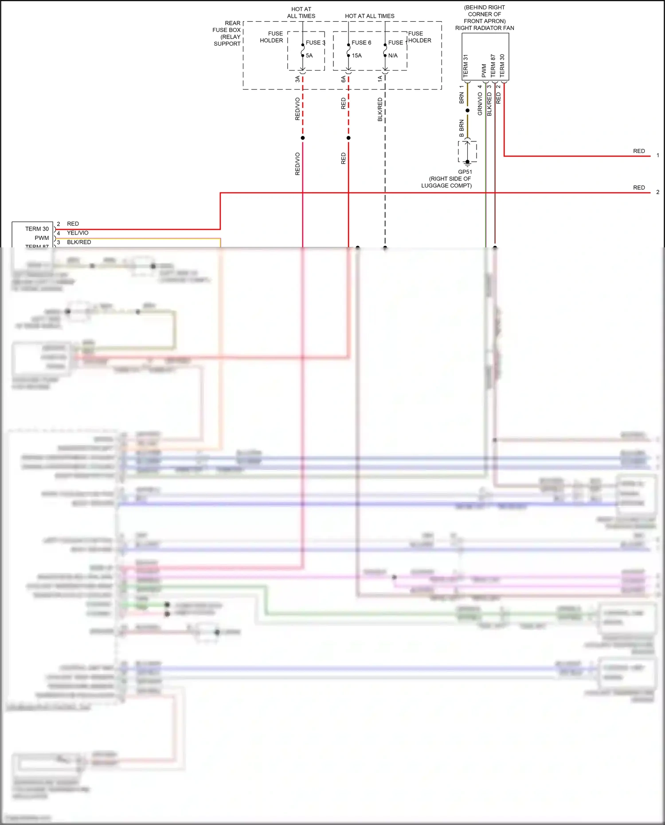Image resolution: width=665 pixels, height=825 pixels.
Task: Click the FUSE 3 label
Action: tap(315, 43)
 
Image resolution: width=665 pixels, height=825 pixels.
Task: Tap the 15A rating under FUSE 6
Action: tap(357, 55)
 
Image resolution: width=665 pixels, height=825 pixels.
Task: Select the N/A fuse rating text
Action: tap(393, 55)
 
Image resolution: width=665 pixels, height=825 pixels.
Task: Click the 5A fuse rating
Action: tap(309, 55)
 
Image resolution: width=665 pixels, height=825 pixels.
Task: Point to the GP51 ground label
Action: tap(465, 172)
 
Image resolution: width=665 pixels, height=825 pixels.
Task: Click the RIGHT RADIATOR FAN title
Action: tap(485, 28)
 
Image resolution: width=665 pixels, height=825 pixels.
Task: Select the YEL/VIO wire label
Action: tap(78, 233)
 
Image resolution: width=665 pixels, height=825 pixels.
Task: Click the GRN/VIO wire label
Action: tap(480, 104)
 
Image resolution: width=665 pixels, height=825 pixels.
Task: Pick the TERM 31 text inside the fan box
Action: tap(465, 66)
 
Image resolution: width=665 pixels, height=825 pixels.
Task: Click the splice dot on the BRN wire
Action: tap(467, 110)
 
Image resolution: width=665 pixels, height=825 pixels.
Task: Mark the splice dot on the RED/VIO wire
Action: tap(303, 138)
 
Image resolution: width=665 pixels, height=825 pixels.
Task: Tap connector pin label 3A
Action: tap(297, 79)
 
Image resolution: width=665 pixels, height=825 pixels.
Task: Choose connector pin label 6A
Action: tap(343, 79)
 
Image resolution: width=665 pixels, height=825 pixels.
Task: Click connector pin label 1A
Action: tap(380, 79)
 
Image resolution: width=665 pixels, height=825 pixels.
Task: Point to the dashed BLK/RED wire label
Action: tap(380, 109)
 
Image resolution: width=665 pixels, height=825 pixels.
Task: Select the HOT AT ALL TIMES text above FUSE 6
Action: tap(370, 16)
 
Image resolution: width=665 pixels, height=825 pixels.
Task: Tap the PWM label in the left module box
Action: tap(42, 238)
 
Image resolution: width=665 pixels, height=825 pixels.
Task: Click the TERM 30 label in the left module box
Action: tap(37, 229)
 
